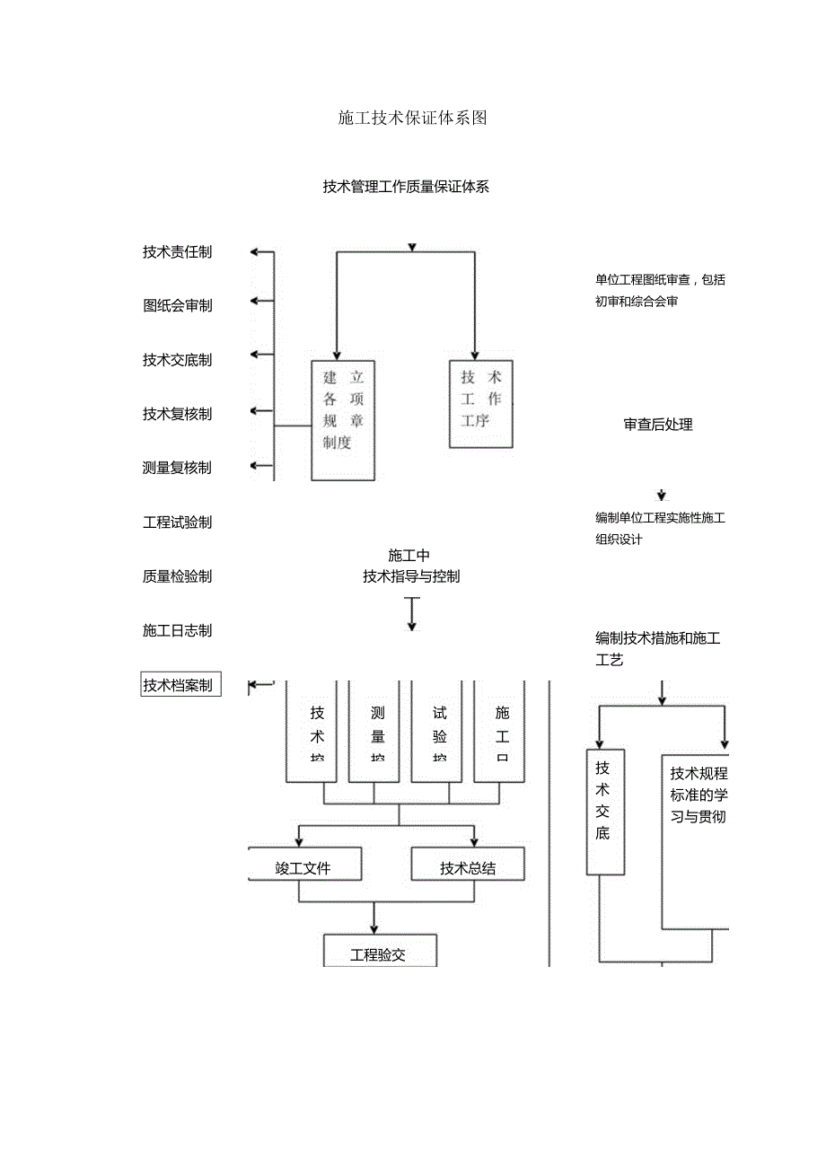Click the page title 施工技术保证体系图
point(412,118)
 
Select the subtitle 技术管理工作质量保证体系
point(406,187)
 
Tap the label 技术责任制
point(177,252)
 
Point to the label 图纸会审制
point(177,305)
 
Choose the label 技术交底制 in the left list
point(177,360)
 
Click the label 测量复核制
point(177,468)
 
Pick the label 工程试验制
point(177,523)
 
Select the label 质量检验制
point(177,576)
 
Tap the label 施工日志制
point(177,631)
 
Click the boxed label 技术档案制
point(180,686)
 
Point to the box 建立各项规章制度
point(343,420)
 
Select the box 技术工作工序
point(481,403)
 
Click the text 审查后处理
point(658,425)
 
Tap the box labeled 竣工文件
point(304,867)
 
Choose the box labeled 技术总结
point(467,867)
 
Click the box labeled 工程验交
point(379,953)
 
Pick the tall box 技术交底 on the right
point(605,812)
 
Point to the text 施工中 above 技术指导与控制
point(409,556)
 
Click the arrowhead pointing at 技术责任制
point(255,252)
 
